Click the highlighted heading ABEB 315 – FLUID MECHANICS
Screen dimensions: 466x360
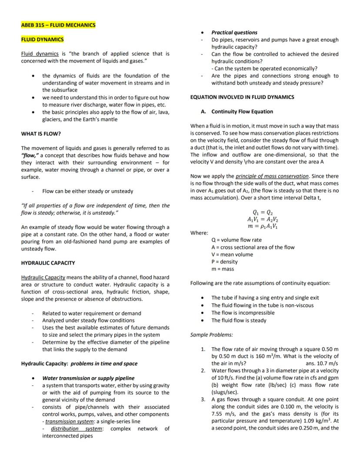[x=58, y=25]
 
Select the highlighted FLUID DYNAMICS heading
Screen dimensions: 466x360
[x=42, y=40]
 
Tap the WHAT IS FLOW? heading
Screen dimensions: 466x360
[x=41, y=134]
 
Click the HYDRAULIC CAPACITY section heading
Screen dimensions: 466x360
[x=48, y=263]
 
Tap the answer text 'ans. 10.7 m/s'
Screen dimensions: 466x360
[x=322, y=363]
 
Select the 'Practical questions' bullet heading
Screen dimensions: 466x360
[x=234, y=32]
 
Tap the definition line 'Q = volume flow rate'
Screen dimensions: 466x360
[x=236, y=240]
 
